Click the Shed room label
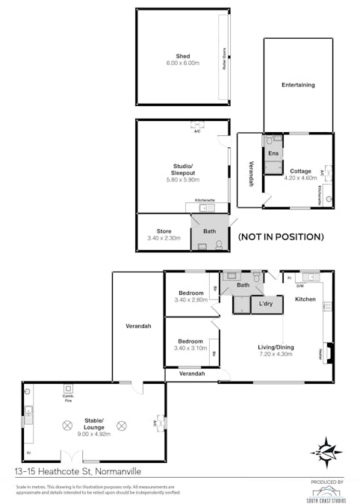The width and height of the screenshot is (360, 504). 182,56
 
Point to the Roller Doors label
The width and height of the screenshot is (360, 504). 224,57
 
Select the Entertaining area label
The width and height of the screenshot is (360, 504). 298,85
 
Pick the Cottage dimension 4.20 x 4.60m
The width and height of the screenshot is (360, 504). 301,178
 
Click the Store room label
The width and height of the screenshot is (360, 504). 164,231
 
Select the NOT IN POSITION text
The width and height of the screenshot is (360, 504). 280,237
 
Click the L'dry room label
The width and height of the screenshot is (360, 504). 266,305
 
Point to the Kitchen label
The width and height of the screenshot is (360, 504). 305,299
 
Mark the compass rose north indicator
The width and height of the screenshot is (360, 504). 326,450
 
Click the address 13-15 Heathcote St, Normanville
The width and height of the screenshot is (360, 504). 77,471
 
